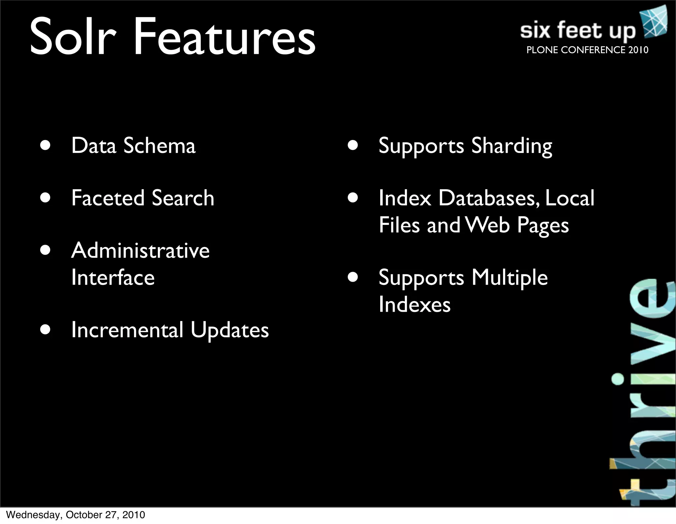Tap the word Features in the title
pyautogui.click(x=224, y=37)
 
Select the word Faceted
pyautogui.click(x=108, y=198)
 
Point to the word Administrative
pyautogui.click(x=140, y=250)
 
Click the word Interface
pyautogui.click(x=113, y=277)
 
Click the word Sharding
pyautogui.click(x=512, y=146)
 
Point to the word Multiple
pyautogui.click(x=510, y=277)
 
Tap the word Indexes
pyautogui.click(x=415, y=304)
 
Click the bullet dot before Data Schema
pyautogui.click(x=45, y=146)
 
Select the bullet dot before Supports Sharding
pyautogui.click(x=353, y=146)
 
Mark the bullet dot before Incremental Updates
pyautogui.click(x=45, y=330)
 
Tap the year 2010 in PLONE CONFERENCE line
pyautogui.click(x=638, y=50)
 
